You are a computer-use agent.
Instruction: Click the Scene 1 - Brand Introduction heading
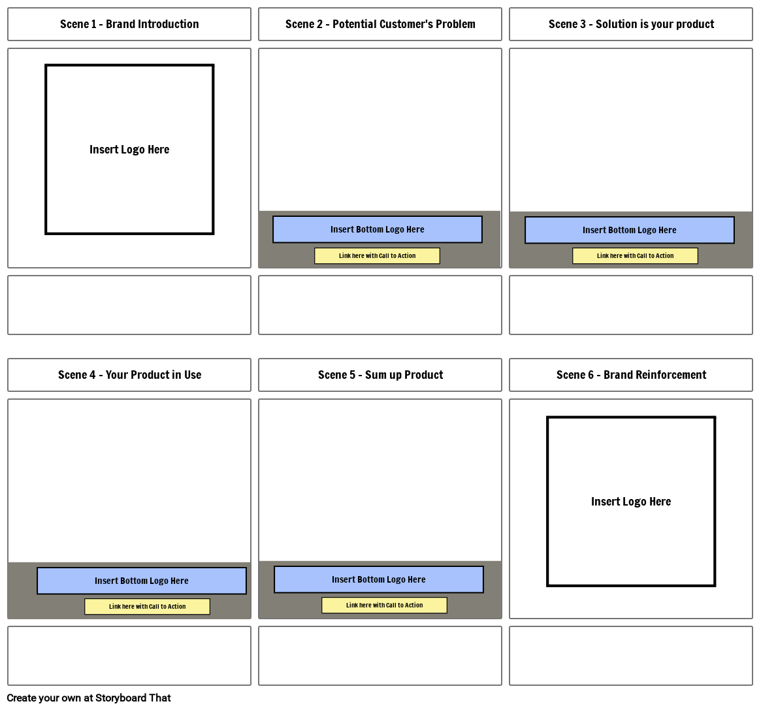(129, 24)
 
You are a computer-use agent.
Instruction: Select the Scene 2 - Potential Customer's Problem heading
(380, 24)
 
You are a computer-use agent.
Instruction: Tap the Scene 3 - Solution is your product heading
(631, 24)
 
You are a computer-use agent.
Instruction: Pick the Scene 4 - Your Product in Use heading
(129, 375)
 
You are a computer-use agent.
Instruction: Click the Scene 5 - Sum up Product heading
(380, 375)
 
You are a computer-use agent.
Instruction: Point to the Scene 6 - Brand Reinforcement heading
(631, 375)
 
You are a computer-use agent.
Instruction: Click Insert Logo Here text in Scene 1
(129, 150)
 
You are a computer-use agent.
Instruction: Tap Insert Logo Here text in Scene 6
(631, 502)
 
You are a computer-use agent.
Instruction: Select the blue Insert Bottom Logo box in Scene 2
(378, 229)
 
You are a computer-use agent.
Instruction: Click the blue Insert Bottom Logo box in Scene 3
(630, 230)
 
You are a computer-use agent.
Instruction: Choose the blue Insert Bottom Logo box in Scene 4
(142, 581)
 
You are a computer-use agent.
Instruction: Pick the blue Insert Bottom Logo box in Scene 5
(379, 579)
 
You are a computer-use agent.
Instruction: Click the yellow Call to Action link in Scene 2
(377, 256)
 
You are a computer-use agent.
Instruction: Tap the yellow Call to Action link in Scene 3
(635, 256)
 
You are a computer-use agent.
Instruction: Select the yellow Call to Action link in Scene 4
(147, 607)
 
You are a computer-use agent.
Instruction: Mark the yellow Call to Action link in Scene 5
(384, 605)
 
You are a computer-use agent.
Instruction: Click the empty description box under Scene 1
(129, 305)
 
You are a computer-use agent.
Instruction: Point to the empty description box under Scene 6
(631, 656)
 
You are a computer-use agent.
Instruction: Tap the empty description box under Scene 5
(380, 656)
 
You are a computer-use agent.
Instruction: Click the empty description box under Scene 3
(631, 305)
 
